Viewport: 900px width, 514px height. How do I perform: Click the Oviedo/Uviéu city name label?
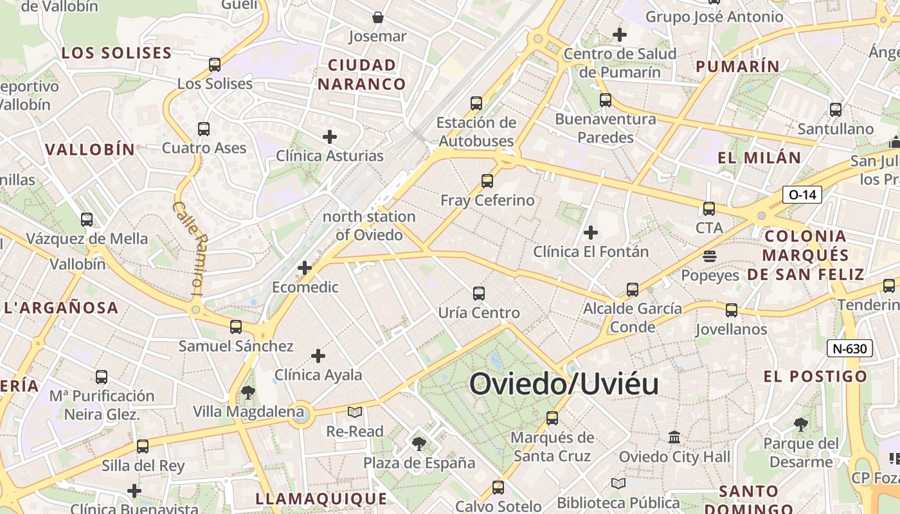click(564, 384)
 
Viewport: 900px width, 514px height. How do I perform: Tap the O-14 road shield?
click(802, 194)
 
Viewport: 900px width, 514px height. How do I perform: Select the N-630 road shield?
click(850, 349)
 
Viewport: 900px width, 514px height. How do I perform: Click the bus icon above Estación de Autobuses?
click(476, 103)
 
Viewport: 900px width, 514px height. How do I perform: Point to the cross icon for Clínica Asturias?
click(330, 136)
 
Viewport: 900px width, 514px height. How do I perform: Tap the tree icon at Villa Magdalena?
click(248, 392)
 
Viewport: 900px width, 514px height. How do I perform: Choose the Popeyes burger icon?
click(710, 256)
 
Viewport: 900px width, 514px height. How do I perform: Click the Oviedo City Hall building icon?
click(674, 437)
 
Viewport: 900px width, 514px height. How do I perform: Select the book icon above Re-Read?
click(355, 412)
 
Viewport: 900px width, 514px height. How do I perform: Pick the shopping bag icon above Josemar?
click(378, 17)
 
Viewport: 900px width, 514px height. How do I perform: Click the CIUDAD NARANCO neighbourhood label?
click(362, 75)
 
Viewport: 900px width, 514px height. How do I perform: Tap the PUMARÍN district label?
click(737, 66)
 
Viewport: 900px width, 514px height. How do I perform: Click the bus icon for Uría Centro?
click(479, 294)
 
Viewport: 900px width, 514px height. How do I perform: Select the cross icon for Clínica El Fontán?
click(591, 232)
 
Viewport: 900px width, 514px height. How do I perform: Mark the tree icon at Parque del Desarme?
click(800, 424)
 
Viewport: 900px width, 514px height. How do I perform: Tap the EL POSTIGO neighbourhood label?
click(815, 377)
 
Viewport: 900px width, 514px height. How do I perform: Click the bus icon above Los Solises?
click(215, 64)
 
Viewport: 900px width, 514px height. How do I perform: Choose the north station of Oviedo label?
click(369, 226)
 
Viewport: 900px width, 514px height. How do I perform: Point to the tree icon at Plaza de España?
click(419, 443)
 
